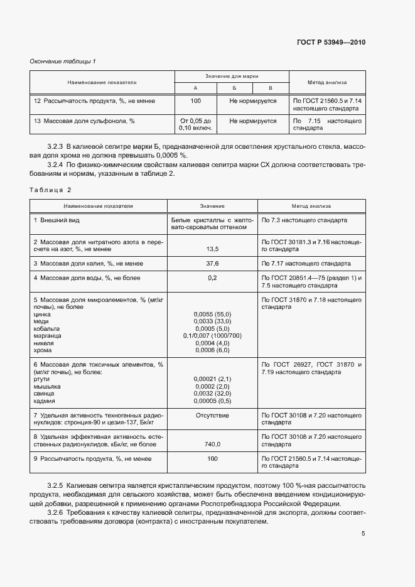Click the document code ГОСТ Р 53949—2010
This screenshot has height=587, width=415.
(331, 43)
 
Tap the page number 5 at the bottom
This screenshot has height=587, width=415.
(363, 534)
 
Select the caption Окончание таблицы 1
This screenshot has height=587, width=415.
(63, 61)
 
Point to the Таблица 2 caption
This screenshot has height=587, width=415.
(51, 190)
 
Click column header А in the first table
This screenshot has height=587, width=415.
(195, 88)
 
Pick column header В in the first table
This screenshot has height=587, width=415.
(271, 88)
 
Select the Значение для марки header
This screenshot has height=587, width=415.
(232, 76)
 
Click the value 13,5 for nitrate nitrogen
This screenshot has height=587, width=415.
(212, 249)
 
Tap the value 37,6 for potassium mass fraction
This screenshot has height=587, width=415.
(212, 263)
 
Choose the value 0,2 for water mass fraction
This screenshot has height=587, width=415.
(212, 277)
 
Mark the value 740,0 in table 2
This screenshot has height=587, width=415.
(212, 444)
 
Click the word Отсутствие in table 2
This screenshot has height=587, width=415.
(212, 416)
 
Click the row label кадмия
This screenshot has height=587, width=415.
(45, 401)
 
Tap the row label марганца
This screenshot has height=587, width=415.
(48, 336)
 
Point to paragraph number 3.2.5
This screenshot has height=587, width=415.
(55, 487)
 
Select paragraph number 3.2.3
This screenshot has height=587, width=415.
(55, 146)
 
